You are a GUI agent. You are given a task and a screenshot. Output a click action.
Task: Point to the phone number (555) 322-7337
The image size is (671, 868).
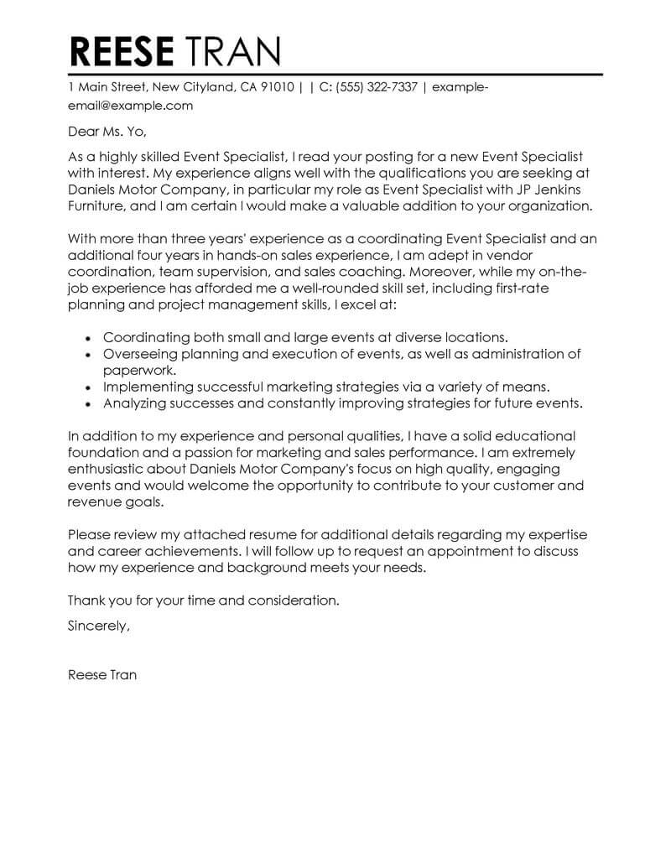(x=377, y=86)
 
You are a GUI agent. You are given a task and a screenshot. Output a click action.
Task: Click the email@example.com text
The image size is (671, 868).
(x=131, y=106)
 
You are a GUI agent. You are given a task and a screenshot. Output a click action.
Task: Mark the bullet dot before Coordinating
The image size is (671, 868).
(x=90, y=338)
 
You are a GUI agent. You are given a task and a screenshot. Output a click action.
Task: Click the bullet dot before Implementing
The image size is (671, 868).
(x=90, y=387)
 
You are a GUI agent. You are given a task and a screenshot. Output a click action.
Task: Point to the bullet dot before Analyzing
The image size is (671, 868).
(x=90, y=404)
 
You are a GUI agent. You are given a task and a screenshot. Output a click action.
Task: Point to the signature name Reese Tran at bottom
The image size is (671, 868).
(x=101, y=673)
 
